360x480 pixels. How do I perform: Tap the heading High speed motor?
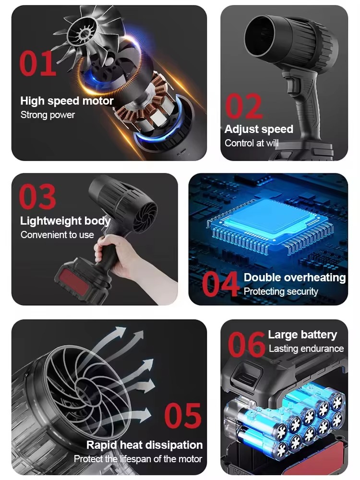[x=67, y=101]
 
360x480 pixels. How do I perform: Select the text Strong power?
[x=48, y=115]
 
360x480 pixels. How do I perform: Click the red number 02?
[x=244, y=106]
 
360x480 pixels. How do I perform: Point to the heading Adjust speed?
[x=259, y=129]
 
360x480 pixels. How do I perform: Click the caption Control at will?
[x=252, y=143]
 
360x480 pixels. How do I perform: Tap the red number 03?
[x=37, y=197]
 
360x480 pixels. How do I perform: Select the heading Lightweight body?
[x=65, y=221]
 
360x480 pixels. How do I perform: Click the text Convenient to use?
[x=57, y=235]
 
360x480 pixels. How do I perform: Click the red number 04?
[x=220, y=284]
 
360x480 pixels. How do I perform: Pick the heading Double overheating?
[x=295, y=277]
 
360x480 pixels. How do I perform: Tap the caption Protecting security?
[x=281, y=291]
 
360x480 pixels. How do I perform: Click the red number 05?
[x=183, y=415]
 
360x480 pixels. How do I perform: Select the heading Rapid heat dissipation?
[x=144, y=445]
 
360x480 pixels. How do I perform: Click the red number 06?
[x=246, y=343]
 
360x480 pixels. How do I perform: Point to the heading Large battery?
[x=302, y=335]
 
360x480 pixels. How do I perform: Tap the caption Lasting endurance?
[x=306, y=348]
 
